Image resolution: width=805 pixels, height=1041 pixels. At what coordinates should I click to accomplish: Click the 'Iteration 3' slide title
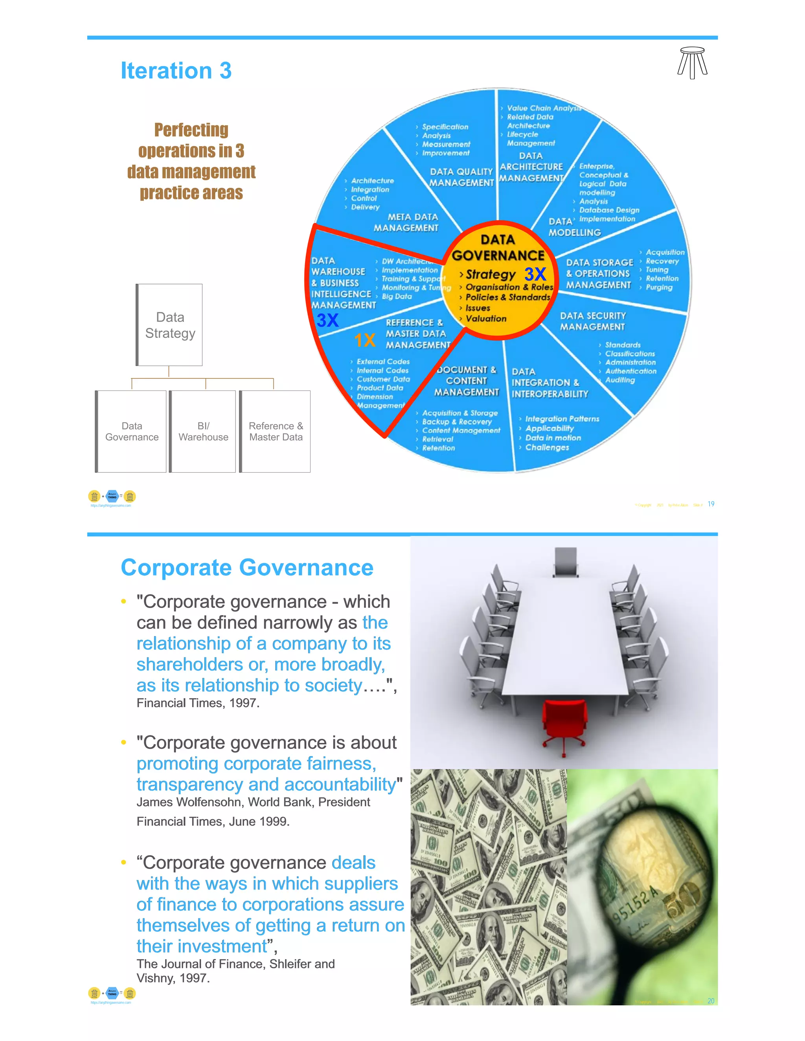[x=176, y=71]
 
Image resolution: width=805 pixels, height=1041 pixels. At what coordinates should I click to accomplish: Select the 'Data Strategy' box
[x=170, y=325]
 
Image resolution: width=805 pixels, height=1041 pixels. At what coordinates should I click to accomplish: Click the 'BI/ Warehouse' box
[x=203, y=431]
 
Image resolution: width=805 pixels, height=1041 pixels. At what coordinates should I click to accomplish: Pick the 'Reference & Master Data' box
[x=276, y=431]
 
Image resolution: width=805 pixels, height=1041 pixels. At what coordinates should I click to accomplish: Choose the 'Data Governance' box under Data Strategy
[x=132, y=431]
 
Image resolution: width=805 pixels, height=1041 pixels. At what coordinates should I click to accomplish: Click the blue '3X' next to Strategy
[x=535, y=274]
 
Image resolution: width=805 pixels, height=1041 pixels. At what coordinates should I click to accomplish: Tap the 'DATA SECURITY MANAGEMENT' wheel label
[x=592, y=321]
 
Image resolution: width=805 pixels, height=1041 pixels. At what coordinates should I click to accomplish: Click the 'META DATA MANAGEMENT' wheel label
[x=406, y=223]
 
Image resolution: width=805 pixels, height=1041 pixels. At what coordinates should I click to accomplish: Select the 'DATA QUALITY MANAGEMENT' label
[x=461, y=177]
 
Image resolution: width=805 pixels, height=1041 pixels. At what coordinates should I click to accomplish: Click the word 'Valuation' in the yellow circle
[x=486, y=319]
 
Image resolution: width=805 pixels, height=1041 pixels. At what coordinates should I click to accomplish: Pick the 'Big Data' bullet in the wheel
[x=397, y=297]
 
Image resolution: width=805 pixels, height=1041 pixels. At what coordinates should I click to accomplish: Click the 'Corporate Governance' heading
[x=247, y=568]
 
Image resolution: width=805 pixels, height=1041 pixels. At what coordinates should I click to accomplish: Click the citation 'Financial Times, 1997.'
[x=198, y=703]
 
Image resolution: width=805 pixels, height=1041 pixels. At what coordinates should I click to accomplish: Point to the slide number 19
[x=711, y=504]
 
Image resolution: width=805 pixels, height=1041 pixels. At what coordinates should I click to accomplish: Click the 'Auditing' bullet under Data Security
[x=620, y=380]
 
